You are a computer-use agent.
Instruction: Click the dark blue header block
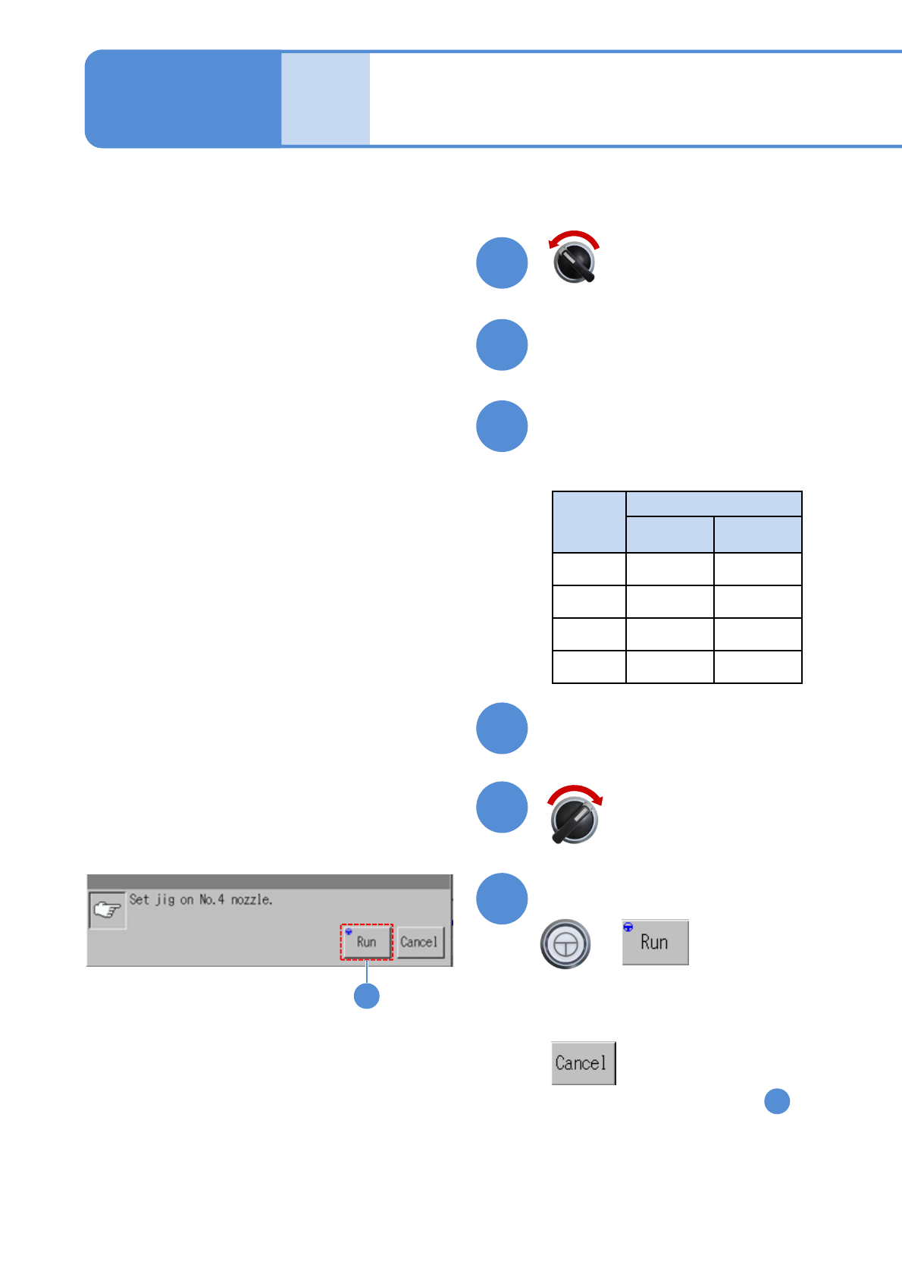pyautogui.click(x=183, y=99)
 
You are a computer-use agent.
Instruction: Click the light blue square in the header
pyautogui.click(x=325, y=99)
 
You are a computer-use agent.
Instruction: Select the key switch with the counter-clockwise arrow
pyautogui.click(x=575, y=262)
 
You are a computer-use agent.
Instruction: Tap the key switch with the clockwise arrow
pyautogui.click(x=575, y=820)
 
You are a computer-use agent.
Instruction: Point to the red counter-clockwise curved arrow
pyautogui.click(x=574, y=237)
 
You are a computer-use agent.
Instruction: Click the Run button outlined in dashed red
pyautogui.click(x=366, y=942)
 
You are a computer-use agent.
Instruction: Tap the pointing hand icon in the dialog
pyautogui.click(x=108, y=909)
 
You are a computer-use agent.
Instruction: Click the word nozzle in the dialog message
pyautogui.click(x=251, y=900)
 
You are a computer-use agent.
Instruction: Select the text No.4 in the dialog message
pyautogui.click(x=211, y=900)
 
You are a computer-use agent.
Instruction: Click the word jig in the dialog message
pyautogui.click(x=164, y=900)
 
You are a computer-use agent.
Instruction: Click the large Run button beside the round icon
pyautogui.click(x=655, y=943)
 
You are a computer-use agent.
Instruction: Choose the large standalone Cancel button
pyautogui.click(x=583, y=1063)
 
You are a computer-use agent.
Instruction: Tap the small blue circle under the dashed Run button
pyautogui.click(x=367, y=996)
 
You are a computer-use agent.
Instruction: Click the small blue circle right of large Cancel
pyautogui.click(x=777, y=1101)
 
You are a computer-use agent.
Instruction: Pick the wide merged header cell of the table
pyautogui.click(x=713, y=504)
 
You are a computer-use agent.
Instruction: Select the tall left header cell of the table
pyautogui.click(x=589, y=522)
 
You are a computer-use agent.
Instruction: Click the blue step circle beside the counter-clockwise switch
pyautogui.click(x=502, y=263)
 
